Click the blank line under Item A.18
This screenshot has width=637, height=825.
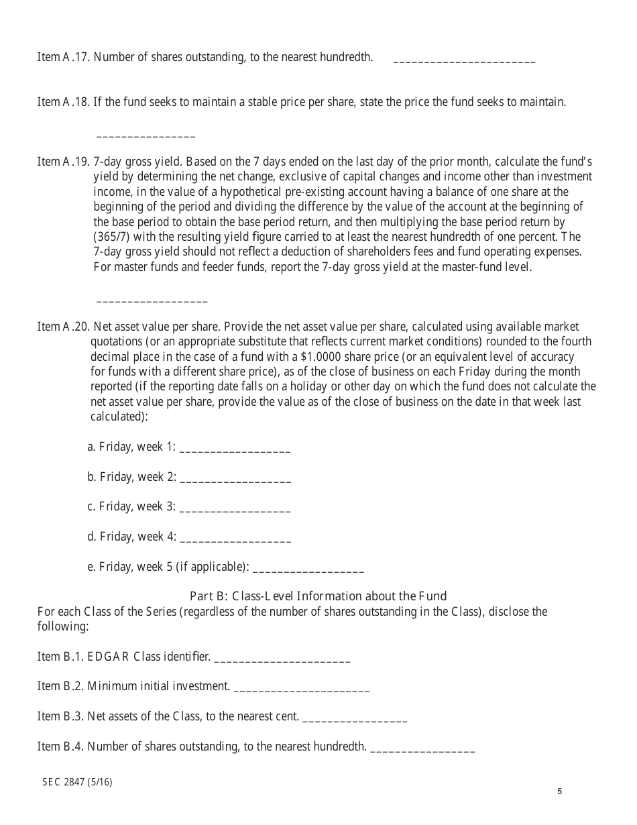pos(146,135)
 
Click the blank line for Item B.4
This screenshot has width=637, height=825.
pos(422,749)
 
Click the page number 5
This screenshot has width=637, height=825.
pos(559,791)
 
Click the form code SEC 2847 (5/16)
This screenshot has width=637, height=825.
pos(77,781)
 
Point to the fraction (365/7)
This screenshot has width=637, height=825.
pos(112,237)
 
